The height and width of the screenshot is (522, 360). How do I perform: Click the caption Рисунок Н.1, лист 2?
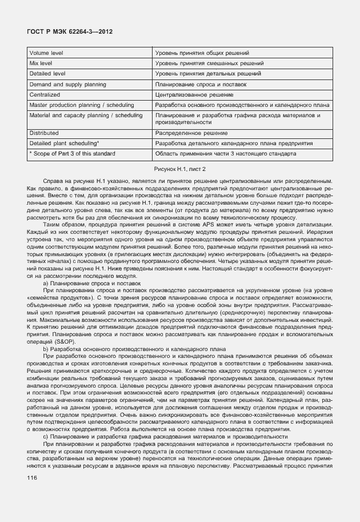(180, 169)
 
